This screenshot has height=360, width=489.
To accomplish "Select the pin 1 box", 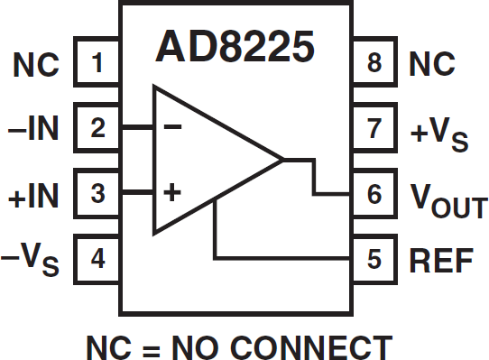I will tap(97, 64).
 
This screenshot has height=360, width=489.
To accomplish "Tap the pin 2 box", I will tap(97, 128).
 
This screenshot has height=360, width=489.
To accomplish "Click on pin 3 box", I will tap(97, 193).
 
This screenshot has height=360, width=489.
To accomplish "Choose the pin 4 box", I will tap(97, 259).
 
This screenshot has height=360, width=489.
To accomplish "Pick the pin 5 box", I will tap(374, 259).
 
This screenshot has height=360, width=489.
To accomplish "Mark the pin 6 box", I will tap(374, 193).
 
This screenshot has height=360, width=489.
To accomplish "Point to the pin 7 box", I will tap(374, 128).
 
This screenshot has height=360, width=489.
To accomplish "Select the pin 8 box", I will tap(374, 64).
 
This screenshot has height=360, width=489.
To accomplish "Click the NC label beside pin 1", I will tap(36, 64).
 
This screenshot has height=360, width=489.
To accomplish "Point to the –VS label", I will tap(32, 260).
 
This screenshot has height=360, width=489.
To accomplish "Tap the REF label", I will tap(441, 259).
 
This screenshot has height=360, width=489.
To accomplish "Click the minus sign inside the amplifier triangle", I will tap(172, 127).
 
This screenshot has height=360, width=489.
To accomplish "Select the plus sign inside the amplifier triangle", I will tap(172, 192).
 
